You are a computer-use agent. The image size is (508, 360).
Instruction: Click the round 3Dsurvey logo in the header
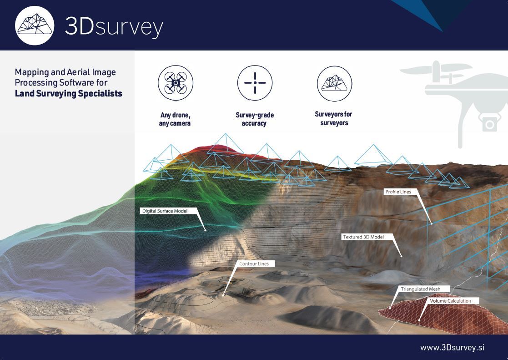click(35, 25)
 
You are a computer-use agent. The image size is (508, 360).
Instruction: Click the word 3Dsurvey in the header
click(114, 26)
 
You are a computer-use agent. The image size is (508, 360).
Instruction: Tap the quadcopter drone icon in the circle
click(176, 83)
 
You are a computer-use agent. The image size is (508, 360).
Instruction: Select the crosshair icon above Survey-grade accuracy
click(255, 83)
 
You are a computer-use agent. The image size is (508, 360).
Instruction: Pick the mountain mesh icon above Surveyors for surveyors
click(334, 83)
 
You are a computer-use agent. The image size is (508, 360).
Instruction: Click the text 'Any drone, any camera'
click(175, 119)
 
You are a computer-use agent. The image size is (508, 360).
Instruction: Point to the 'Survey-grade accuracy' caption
click(255, 119)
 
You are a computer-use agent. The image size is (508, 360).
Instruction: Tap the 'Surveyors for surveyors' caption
click(334, 118)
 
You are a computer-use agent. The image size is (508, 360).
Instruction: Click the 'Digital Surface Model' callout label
click(165, 211)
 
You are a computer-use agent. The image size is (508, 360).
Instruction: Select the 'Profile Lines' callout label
click(398, 192)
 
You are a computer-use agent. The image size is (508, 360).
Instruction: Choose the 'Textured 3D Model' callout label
click(363, 237)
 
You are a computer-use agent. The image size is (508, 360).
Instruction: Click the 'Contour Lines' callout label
click(254, 264)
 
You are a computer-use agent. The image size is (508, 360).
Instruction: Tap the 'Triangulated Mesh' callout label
click(421, 289)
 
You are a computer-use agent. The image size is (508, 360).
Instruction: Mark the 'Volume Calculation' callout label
click(450, 301)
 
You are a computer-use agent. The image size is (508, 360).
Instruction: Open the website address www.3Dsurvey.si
click(452, 347)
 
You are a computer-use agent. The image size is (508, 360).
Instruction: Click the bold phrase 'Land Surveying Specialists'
click(68, 93)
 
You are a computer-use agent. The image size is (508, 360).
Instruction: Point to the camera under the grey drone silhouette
click(489, 123)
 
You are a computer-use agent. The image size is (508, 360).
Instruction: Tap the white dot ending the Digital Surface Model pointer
click(206, 230)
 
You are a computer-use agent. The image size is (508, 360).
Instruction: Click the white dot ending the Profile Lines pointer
click(431, 223)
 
